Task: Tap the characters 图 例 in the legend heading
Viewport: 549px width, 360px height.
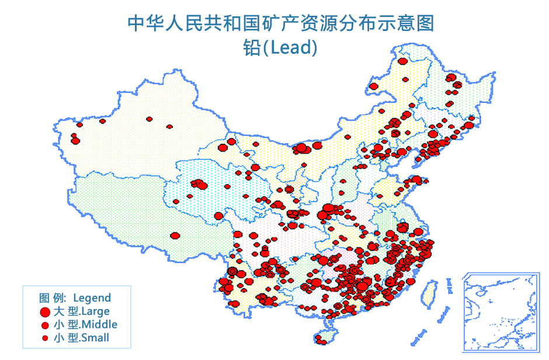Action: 54,298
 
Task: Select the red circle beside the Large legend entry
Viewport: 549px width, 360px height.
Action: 44,311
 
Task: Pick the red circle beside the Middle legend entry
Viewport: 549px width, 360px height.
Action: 44,325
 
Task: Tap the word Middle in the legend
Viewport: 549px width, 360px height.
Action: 99,324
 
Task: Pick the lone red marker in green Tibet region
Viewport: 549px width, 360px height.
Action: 175,236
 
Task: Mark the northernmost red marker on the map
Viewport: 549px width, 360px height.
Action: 402,61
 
